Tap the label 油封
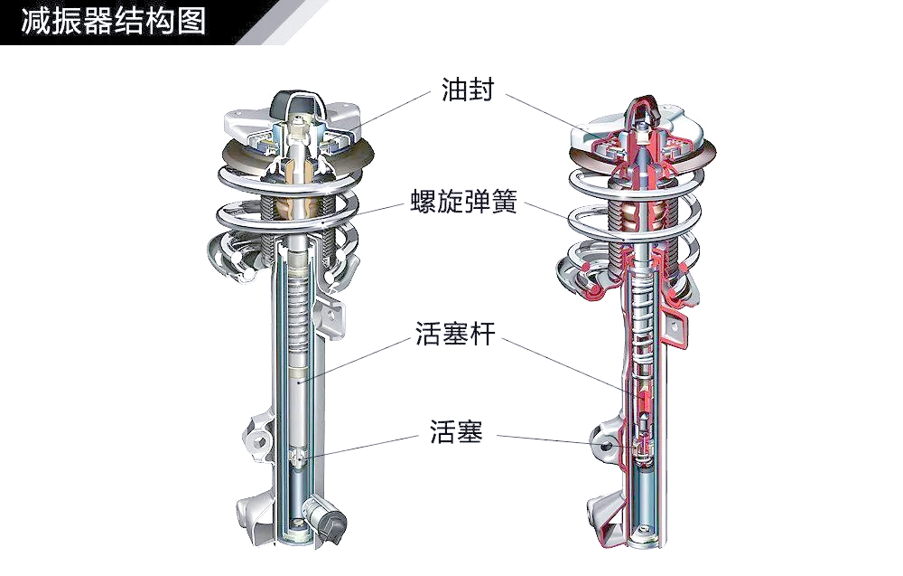468,90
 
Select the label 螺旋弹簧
463,202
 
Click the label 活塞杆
455,334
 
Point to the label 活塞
456,430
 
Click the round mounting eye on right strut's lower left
605,445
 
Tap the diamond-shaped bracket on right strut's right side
673,327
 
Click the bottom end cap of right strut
647,538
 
